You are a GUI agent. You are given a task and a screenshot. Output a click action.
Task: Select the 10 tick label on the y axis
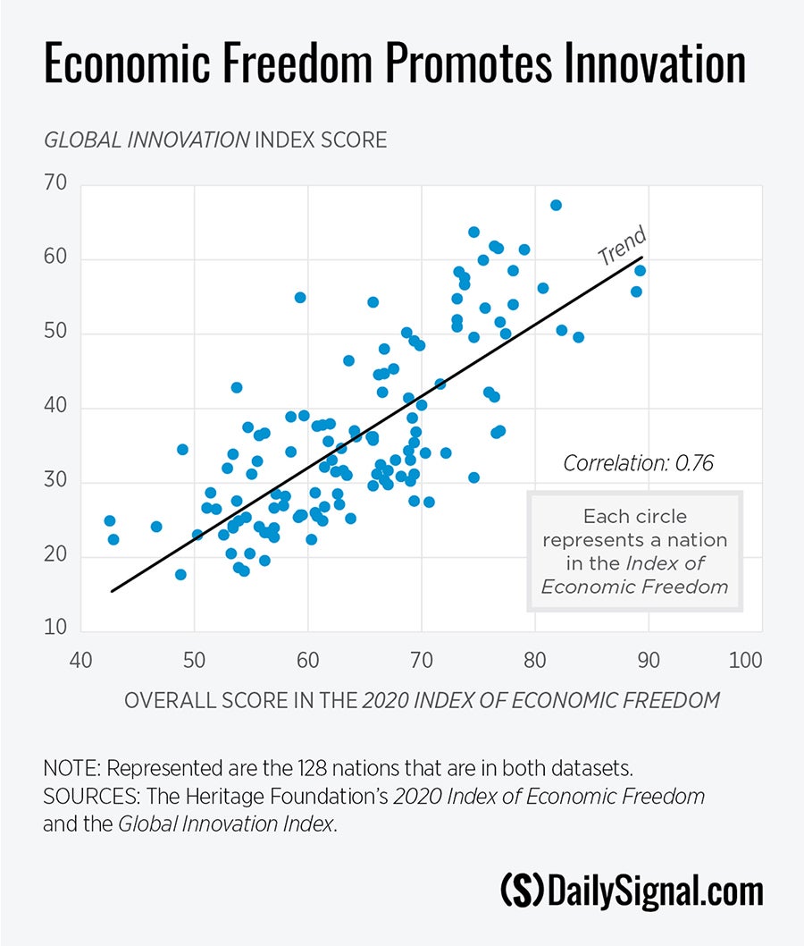56,628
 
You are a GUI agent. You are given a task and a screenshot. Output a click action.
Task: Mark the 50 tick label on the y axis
56,334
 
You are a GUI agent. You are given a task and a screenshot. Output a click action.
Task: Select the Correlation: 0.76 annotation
638,463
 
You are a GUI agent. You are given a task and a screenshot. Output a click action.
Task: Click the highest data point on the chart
556,205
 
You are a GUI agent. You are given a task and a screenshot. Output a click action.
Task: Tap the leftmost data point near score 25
109,520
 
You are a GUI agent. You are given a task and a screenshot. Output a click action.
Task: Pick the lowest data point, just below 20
180,574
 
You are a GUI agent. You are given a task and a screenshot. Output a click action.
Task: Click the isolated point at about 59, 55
300,297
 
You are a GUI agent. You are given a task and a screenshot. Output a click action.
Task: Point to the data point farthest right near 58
640,270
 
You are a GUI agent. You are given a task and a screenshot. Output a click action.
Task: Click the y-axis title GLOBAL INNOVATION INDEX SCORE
215,140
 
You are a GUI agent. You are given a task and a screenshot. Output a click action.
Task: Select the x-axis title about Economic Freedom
422,700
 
